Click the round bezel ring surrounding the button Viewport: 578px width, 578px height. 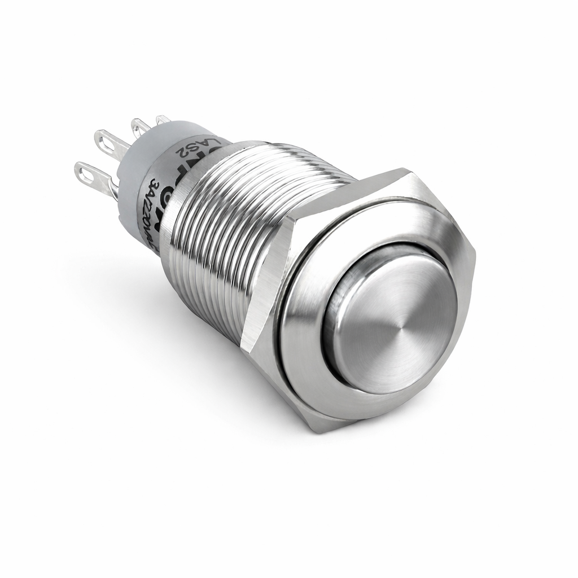click(x=305, y=361)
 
